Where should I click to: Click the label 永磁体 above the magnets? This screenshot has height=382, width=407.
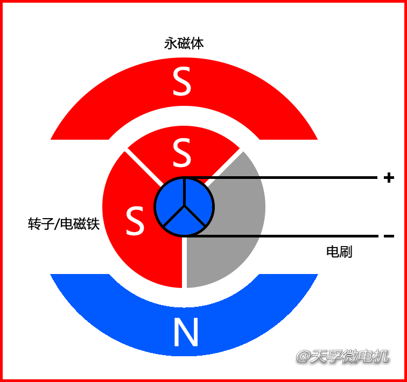184,44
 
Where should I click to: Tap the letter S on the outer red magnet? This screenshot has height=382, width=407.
182,82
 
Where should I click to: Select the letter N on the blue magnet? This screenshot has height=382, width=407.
186,333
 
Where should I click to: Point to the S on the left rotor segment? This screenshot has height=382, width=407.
135,221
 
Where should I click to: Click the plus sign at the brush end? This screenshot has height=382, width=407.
389,178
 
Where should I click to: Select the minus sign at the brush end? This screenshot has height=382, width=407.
389,236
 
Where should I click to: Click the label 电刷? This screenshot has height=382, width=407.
339,251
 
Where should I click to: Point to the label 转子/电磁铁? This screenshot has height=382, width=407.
64,224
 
